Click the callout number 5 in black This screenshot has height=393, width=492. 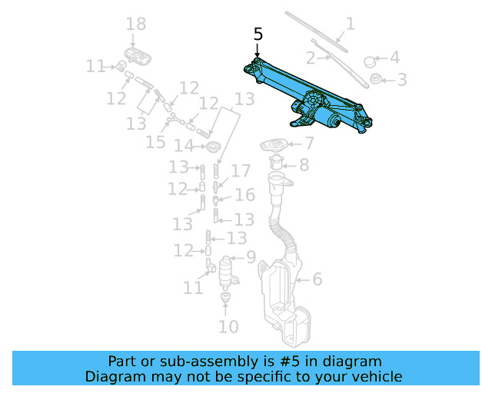(x=258, y=35)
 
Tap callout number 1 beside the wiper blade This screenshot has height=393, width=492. (x=350, y=25)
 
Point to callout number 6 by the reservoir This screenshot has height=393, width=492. (x=317, y=280)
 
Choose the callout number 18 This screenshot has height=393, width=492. (x=135, y=25)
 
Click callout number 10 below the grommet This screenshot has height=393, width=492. (x=228, y=327)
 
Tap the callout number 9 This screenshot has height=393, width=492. (x=251, y=258)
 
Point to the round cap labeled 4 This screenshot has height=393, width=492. (x=369, y=61)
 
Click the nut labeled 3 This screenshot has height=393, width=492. (x=376, y=78)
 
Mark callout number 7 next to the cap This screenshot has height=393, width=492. (x=308, y=143)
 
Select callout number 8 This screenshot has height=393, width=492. (x=304, y=164)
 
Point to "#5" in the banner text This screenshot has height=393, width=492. (x=308, y=361)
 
